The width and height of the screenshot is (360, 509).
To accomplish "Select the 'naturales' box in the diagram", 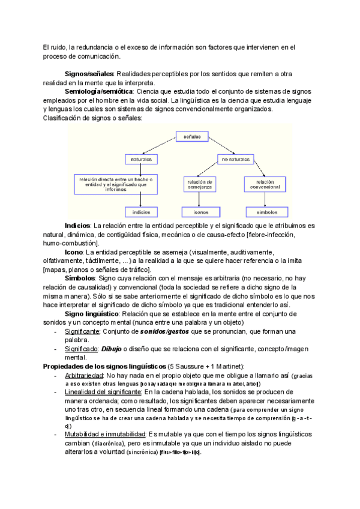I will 141,160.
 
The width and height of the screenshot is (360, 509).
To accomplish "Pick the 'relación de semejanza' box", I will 201,184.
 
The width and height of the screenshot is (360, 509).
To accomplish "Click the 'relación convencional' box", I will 265,184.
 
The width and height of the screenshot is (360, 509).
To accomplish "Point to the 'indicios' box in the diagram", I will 141,212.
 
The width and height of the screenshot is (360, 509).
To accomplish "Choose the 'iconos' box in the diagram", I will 201,212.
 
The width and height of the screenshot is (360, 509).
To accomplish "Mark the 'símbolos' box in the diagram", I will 266,212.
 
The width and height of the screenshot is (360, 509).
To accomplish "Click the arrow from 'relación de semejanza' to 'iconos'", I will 201,199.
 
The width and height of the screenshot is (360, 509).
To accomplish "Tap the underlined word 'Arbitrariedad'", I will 88,375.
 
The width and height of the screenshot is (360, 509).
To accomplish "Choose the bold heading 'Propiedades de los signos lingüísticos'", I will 97,366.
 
